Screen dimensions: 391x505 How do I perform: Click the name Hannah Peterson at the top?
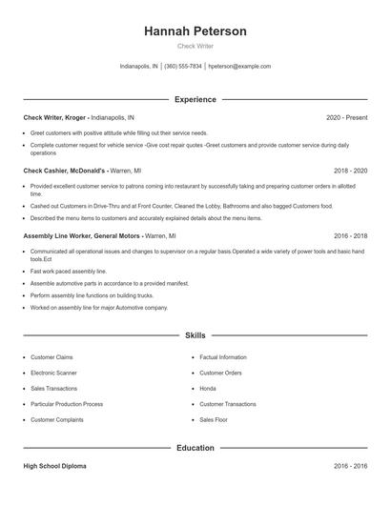point(195,31)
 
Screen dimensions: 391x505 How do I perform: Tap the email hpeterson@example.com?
point(239,67)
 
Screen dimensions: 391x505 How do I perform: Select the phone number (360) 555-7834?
point(183,67)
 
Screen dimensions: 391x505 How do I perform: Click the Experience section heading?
point(195,99)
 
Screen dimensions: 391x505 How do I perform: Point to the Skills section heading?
point(195,336)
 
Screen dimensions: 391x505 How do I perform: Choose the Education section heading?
point(195,447)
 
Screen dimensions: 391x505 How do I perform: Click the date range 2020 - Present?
point(346,117)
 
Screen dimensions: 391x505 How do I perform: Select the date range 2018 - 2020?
point(350,172)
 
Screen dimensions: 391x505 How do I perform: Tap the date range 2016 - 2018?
point(350,234)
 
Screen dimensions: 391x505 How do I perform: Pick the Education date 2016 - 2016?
point(350,467)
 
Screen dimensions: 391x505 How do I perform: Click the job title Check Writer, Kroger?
point(54,117)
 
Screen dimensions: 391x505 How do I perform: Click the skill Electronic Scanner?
point(55,374)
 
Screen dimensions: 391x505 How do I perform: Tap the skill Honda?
point(208,389)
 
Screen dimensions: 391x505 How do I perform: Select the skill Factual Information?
point(223,357)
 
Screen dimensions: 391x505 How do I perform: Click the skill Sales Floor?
point(214,419)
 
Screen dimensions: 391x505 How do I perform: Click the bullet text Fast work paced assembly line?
point(69,272)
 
